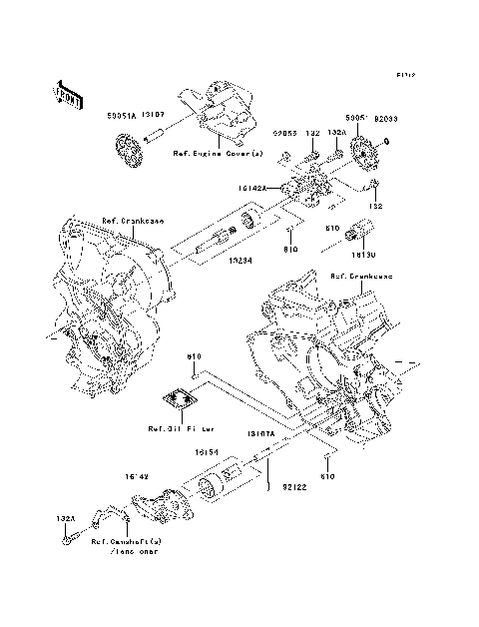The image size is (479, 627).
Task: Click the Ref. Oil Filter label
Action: tap(182, 429)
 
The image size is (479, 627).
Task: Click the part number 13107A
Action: tap(261, 435)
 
